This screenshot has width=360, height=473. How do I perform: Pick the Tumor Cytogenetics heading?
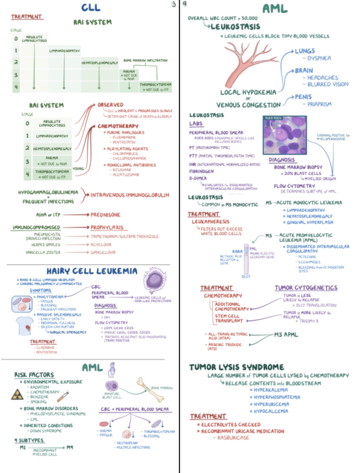306,288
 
